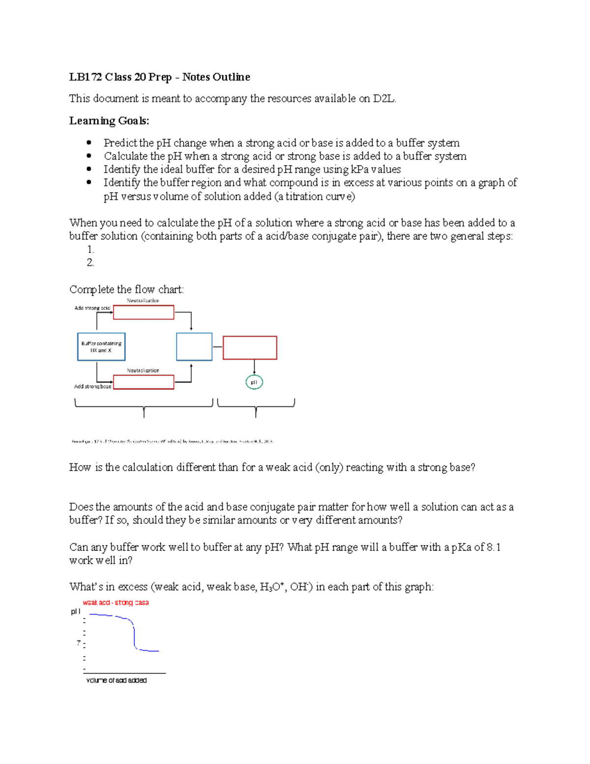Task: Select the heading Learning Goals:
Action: coord(109,121)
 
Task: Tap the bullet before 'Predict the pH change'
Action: coord(89,143)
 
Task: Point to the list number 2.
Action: coord(90,263)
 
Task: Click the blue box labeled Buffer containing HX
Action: coord(101,347)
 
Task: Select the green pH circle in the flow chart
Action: coord(254,382)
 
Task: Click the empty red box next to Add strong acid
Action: coord(144,312)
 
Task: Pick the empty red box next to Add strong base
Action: coord(144,382)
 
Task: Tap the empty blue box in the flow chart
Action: coord(194,347)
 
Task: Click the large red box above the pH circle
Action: coord(250,348)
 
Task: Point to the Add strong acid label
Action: coord(92,308)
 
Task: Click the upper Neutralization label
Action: coord(143,300)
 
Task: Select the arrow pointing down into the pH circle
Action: coord(254,367)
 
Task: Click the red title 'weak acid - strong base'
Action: coord(116,603)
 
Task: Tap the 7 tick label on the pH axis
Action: coord(79,643)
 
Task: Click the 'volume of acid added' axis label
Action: coord(117,680)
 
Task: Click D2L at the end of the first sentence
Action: coord(383,99)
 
